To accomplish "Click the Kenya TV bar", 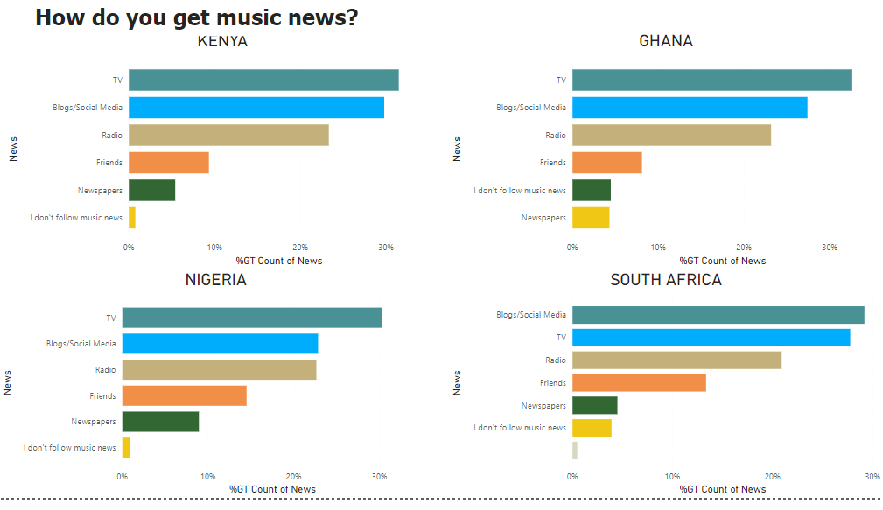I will (x=263, y=80).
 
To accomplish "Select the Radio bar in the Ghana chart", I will (x=671, y=135).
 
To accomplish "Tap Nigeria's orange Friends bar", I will (x=184, y=395).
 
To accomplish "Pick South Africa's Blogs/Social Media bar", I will (x=718, y=315).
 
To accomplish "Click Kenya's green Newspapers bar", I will (x=151, y=190).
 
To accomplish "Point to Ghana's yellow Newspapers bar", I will (x=591, y=217).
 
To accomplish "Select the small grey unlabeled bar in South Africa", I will (x=575, y=451).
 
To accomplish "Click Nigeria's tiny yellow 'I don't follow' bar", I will (x=126, y=447).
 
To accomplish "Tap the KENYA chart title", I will (x=222, y=41).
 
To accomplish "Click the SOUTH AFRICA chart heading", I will (x=666, y=280).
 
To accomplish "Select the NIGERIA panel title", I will (x=215, y=280).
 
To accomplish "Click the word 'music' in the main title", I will (x=229, y=17).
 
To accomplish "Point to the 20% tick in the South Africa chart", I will (x=772, y=476).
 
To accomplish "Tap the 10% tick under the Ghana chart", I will (x=658, y=248).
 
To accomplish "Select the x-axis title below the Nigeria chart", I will (x=272, y=489).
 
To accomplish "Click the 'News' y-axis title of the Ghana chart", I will (x=457, y=149).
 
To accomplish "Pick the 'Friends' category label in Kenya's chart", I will (x=109, y=163).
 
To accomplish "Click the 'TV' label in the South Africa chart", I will (x=560, y=338).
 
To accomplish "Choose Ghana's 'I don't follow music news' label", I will (x=520, y=190).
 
